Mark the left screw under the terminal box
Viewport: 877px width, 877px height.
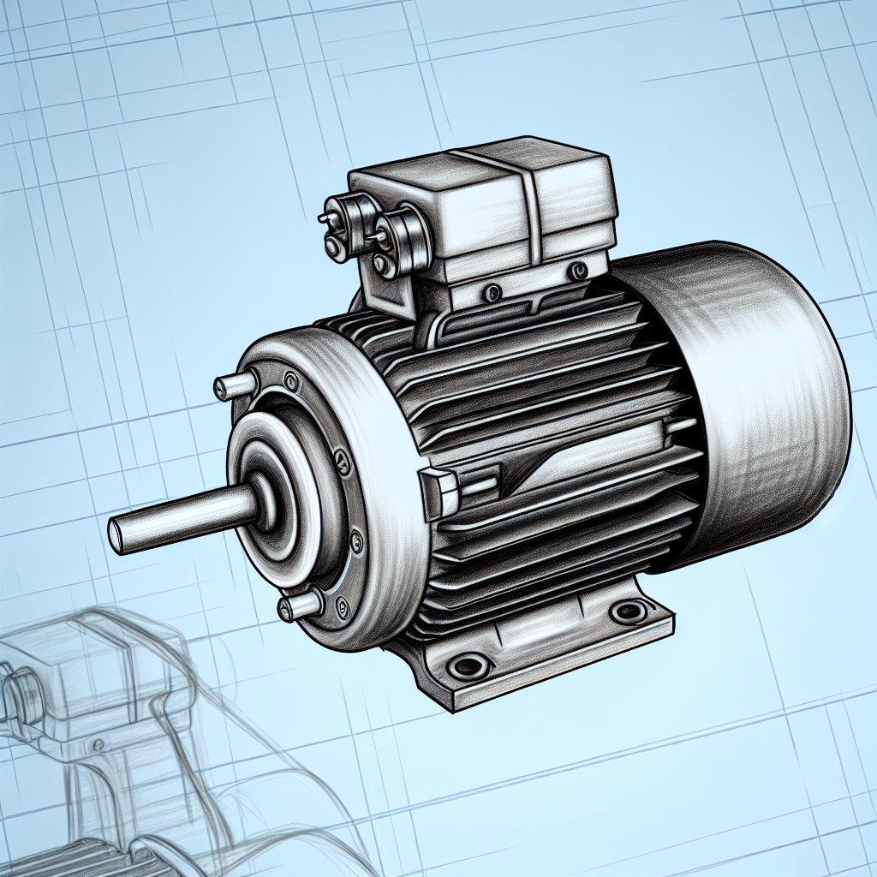pyautogui.click(x=491, y=295)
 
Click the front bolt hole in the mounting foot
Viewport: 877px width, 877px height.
pyautogui.click(x=468, y=665)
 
